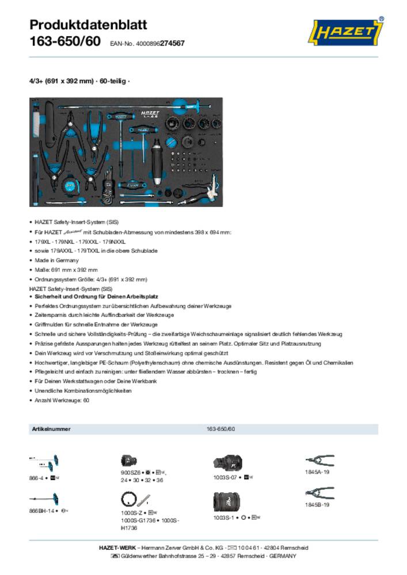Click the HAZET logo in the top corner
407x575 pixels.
tap(348, 33)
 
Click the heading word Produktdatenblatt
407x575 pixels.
tap(88, 25)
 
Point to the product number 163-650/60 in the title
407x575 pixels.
tap(64, 42)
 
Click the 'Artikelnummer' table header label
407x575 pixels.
tap(48, 430)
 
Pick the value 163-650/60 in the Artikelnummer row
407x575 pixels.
tap(220, 430)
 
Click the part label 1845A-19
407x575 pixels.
tap(317, 471)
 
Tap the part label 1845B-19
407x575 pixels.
tap(317, 505)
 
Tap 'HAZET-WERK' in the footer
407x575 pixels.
tap(119, 548)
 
